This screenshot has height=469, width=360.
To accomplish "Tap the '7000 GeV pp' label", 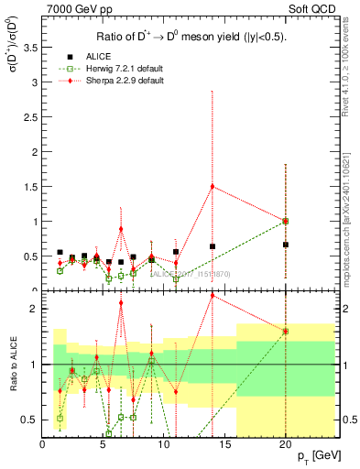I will tap(76, 11).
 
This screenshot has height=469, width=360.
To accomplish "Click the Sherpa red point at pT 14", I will tap(213, 187).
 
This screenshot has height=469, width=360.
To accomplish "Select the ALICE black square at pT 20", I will tap(286, 245).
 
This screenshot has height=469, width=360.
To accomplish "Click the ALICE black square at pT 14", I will tap(213, 246).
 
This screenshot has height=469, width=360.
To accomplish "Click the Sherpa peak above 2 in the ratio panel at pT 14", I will tap(213, 295).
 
